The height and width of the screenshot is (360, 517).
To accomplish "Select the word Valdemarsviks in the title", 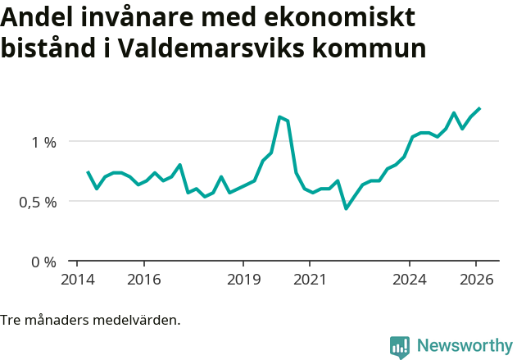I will pos(208,48).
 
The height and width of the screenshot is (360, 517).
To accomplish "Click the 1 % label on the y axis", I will pos(43,142).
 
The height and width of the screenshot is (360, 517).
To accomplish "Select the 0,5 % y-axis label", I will pos(38,202).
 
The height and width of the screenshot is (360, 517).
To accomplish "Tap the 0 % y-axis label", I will pos(43,262).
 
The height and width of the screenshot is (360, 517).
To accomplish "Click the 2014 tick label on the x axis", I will pos(76,280).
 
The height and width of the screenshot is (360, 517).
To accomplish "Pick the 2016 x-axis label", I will pos(143,280).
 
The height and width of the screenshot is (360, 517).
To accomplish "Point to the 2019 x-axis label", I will pos(243,280).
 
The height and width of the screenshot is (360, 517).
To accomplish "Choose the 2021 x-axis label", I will pos(310,280).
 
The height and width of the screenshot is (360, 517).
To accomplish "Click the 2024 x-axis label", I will pos(410,280).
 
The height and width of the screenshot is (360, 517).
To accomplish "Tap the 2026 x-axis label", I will pos(476,280).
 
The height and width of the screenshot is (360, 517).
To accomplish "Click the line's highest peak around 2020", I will pos(279,116).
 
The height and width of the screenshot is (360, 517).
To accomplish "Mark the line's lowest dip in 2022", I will pos(346,208).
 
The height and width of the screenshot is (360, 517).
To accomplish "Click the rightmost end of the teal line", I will pos(479,108).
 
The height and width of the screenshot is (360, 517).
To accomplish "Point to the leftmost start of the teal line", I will pos(88,172).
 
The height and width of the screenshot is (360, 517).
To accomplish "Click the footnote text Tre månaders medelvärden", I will pos(90,320).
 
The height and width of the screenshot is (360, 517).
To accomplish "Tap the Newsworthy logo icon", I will pos(400,347).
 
